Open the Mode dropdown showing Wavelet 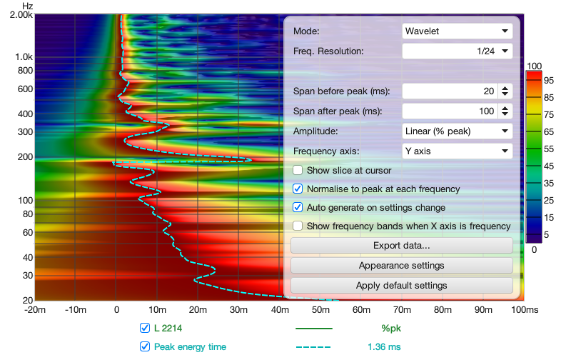[x=457, y=31]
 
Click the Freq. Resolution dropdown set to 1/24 [x=457, y=51]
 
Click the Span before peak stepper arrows [x=505, y=91]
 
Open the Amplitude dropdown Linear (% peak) [x=457, y=131]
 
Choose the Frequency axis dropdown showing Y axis [x=457, y=151]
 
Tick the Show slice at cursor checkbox [x=298, y=171]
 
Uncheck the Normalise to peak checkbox [x=298, y=189]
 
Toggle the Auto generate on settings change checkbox [x=298, y=208]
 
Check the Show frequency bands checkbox [x=298, y=226]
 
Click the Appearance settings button [x=401, y=266]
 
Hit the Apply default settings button [x=401, y=286]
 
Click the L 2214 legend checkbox [x=145, y=329]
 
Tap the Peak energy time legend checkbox [x=145, y=347]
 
